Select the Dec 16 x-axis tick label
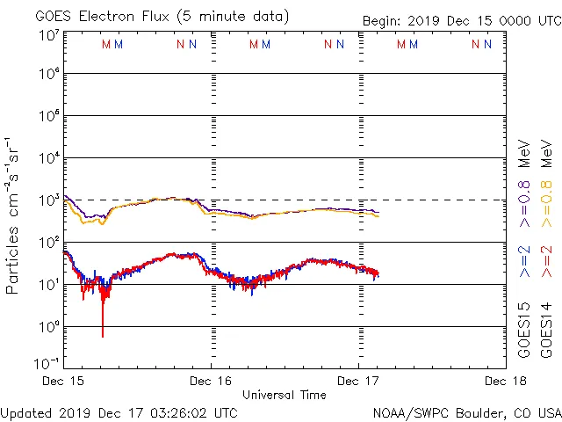[212, 381]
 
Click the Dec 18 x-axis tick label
[505, 381]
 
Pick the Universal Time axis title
[284, 395]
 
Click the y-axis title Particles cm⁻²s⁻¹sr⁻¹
[13, 215]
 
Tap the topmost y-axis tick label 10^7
[48, 35]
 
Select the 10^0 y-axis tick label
[48, 326]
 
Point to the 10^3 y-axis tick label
[48, 200]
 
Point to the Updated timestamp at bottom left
[119, 411]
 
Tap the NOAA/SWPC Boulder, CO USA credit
[466, 411]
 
